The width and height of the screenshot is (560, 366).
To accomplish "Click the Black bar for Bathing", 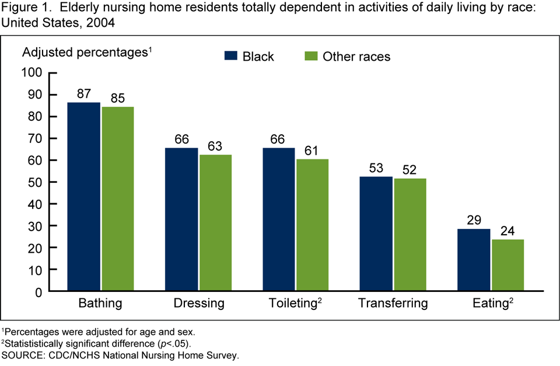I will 84,197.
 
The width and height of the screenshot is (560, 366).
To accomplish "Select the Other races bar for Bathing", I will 117,198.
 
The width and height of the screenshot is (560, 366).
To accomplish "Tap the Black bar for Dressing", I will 181,219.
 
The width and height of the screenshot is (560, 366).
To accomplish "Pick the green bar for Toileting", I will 312,225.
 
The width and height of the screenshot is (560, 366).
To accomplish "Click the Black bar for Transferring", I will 376,233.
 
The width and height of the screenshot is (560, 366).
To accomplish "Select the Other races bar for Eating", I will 507,265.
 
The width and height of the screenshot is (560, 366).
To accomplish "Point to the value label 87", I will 84,94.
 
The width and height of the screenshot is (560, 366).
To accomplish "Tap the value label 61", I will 312,151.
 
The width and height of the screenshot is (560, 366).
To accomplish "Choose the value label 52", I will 409,170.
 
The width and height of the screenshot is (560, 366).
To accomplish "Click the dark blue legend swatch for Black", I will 231,56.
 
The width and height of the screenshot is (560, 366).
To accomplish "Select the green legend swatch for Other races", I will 311,56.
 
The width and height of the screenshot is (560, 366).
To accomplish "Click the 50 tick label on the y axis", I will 36,182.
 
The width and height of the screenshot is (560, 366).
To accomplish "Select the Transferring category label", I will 393,304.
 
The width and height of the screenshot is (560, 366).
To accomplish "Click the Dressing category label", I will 199,304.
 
